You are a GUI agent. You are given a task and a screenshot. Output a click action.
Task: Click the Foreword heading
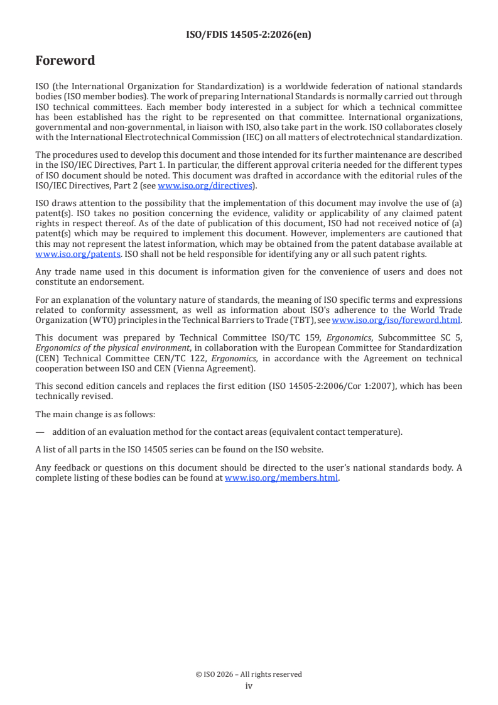point(65,61)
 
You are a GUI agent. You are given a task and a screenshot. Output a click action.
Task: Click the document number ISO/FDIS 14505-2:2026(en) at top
point(249,35)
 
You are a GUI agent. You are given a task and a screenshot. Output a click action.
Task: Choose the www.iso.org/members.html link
point(281,478)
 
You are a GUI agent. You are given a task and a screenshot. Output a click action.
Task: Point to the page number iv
point(249,686)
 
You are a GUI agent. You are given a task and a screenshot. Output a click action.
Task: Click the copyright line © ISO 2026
point(249,674)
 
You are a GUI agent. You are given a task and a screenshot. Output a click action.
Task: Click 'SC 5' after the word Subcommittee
point(450,337)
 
